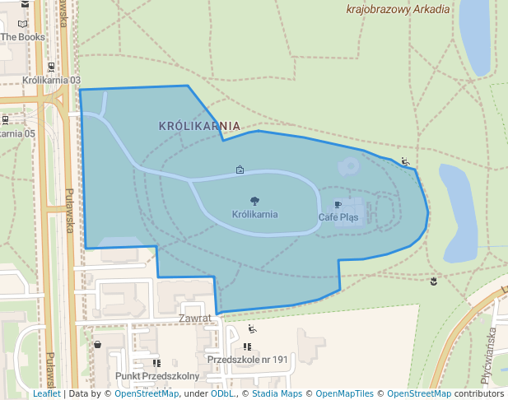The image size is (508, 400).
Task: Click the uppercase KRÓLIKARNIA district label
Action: (x=199, y=126)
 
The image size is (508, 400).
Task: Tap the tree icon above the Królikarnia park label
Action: (x=254, y=201)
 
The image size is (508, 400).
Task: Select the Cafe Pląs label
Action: (x=338, y=217)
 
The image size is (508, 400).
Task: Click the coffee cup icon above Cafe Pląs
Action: (x=338, y=203)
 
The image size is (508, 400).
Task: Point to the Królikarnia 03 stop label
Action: (x=52, y=80)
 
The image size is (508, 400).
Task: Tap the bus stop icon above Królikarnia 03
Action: (x=52, y=67)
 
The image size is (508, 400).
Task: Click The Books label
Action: (x=22, y=37)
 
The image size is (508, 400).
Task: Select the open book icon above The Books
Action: (x=22, y=24)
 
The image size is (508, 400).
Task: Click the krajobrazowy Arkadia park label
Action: (x=398, y=10)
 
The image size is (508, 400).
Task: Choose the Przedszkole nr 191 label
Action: (x=248, y=360)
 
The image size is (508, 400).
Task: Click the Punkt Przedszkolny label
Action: (x=158, y=376)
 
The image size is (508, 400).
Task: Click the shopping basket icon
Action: (x=98, y=344)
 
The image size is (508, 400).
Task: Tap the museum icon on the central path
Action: (x=240, y=170)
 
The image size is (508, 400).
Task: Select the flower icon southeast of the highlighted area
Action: (x=434, y=282)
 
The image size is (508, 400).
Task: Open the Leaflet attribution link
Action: (x=47, y=393)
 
